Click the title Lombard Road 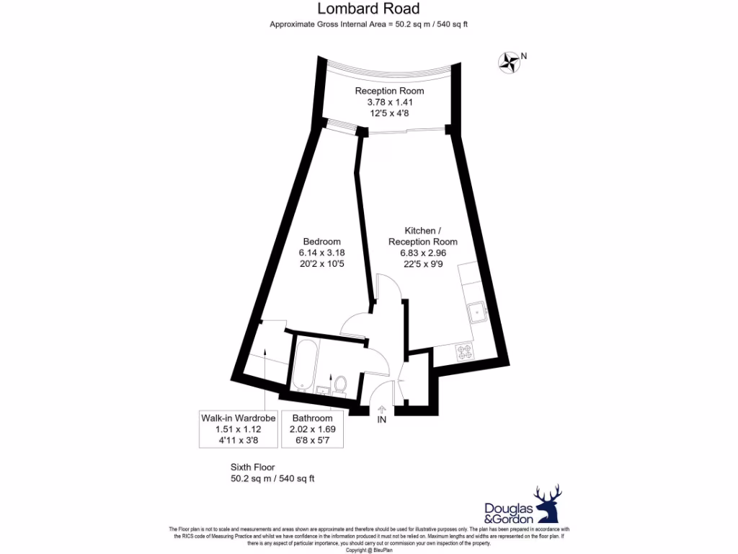coord(368,9)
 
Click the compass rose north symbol coord(510,62)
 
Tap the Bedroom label coord(321,241)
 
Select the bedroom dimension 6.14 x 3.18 coord(321,252)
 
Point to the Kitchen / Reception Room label coord(422,236)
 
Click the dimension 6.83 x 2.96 coord(423,252)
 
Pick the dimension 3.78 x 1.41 coord(389,102)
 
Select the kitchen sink coord(475,312)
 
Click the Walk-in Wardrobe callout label coord(238,418)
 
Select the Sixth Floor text coord(252,467)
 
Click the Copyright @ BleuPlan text coord(368,550)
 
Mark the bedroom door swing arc coord(353,325)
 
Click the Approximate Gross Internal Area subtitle coord(368,24)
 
